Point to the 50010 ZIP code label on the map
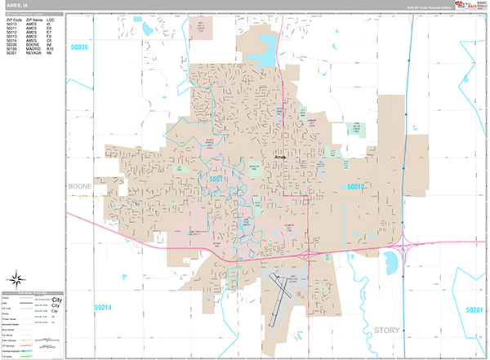coord(355,187)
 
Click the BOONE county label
coord(82,186)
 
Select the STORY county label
coord(388,330)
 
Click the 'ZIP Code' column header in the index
coord(14,19)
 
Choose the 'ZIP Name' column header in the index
coord(33,19)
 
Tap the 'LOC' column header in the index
coord(51,19)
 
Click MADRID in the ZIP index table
coord(33,48)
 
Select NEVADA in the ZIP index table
coord(33,53)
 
